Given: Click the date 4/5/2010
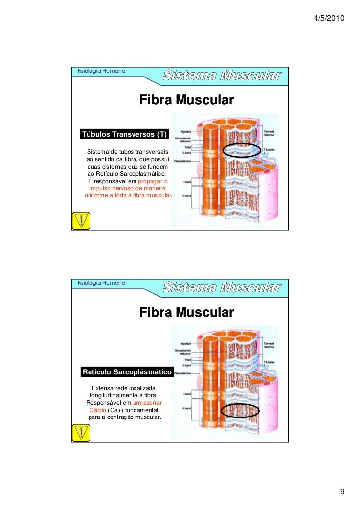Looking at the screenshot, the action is pyautogui.click(x=329, y=18).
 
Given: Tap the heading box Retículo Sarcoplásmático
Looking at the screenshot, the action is pyautogui.click(x=127, y=371).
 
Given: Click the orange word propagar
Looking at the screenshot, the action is pyautogui.click(x=152, y=181).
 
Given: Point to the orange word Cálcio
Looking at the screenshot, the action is pyautogui.click(x=97, y=410).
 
